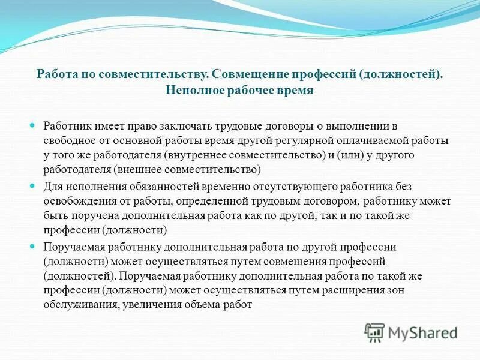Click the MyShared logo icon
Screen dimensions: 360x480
click(375, 332)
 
